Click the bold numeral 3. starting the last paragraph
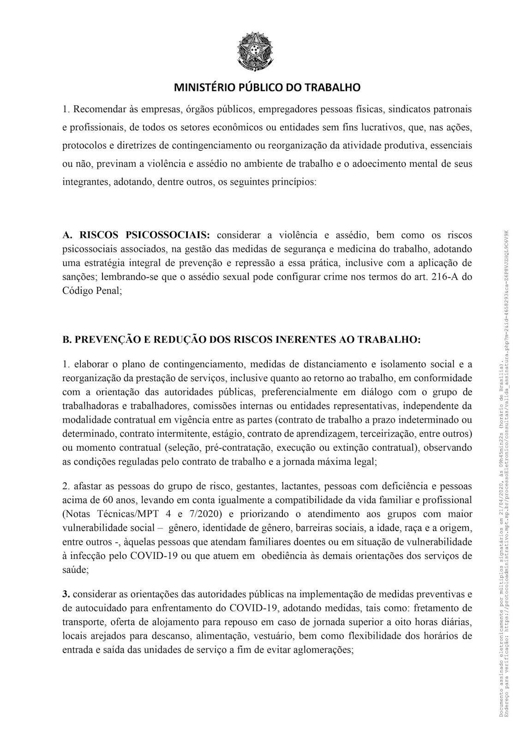click(66, 593)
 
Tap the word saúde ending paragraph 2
click(74, 570)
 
